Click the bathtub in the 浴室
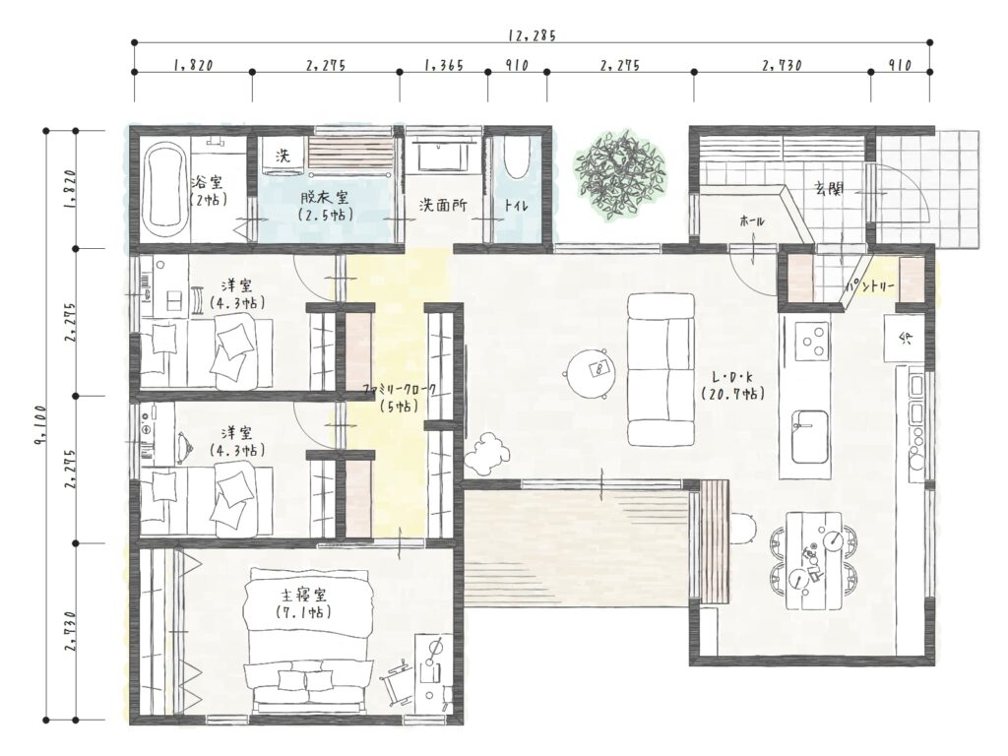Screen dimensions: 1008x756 point(165,191)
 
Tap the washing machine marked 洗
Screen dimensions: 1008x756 point(283,157)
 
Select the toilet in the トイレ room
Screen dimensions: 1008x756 point(517,158)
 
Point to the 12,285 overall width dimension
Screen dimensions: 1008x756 point(532,36)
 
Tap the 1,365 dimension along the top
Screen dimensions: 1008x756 point(444,65)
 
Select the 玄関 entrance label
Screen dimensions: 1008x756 point(829,189)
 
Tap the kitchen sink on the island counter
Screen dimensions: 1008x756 point(809,436)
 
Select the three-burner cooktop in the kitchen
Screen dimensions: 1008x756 point(811,341)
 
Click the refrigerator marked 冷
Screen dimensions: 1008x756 point(905,338)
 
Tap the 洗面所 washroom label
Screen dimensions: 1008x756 point(443,206)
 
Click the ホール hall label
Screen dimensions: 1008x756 point(753,221)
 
